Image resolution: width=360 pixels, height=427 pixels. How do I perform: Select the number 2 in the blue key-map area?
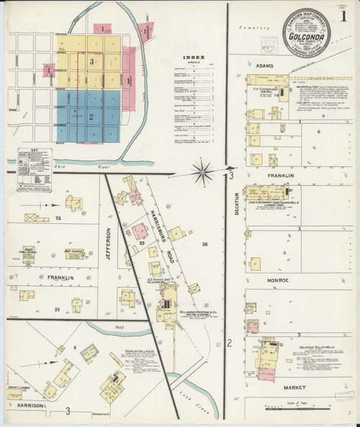(90, 116)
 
